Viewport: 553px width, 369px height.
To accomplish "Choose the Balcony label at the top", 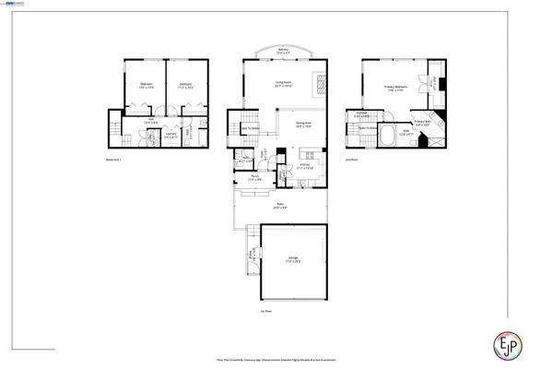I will (x=283, y=52).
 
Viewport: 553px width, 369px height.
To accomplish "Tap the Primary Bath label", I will (x=423, y=123).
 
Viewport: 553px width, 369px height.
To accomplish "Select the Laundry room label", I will (x=171, y=137).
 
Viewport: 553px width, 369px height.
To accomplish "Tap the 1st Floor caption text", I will (x=265, y=311).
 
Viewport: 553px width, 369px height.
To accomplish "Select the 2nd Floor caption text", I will (x=350, y=158).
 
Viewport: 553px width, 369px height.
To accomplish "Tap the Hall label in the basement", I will (x=150, y=120).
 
